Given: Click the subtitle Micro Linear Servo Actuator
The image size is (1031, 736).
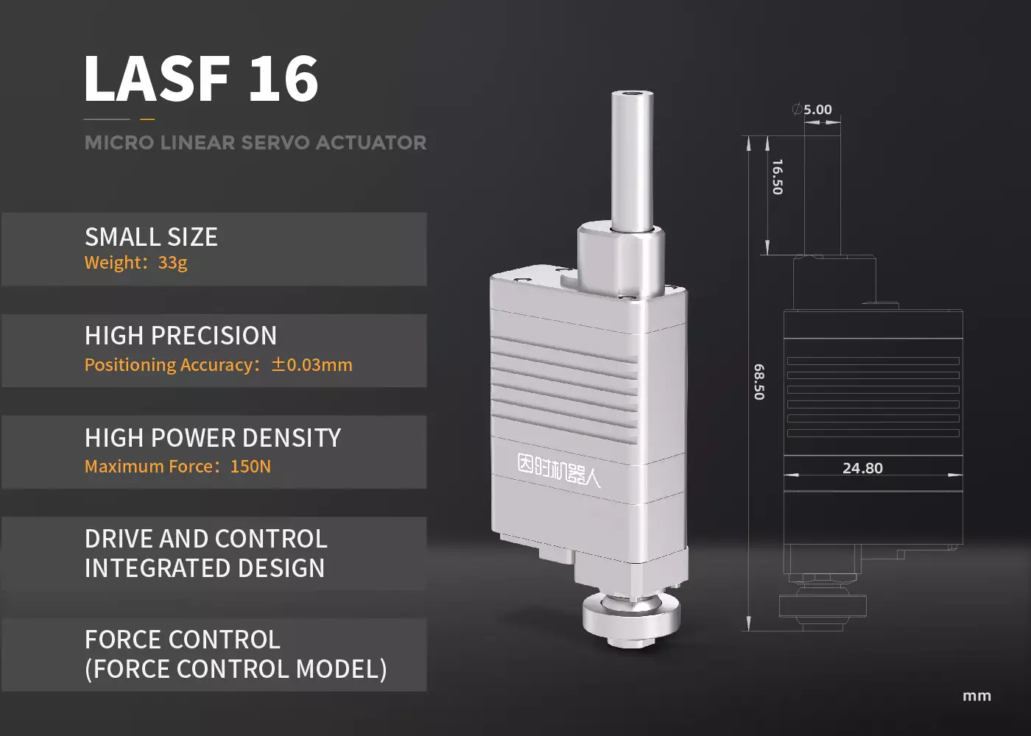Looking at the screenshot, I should tap(255, 143).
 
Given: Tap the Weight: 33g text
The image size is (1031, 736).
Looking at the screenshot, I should tap(136, 263).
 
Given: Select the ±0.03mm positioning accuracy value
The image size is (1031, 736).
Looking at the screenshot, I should tap(312, 365).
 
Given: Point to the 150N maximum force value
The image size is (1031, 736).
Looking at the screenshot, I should tap(250, 467).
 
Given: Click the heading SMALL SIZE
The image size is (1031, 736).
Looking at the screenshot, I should tap(151, 237).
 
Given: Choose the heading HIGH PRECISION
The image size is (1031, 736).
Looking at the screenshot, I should tap(180, 336).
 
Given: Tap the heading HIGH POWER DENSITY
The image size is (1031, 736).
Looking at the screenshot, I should tap(213, 438).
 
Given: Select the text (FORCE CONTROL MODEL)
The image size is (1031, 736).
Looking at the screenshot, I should tap(236, 669).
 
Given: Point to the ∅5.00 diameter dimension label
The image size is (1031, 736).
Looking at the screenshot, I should tap(812, 110).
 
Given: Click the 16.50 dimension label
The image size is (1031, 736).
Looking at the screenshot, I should tap(777, 177).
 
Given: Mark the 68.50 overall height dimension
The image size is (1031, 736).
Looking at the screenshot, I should tap(759, 381).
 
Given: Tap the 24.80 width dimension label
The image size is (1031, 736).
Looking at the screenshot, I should tap(862, 468).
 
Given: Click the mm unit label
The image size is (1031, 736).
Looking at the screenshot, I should tap(977, 696).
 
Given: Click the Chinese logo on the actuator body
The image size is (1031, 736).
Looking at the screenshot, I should tap(558, 471).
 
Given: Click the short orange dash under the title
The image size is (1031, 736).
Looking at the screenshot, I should tap(147, 118).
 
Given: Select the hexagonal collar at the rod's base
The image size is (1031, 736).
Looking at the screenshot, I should tap(621, 250).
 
